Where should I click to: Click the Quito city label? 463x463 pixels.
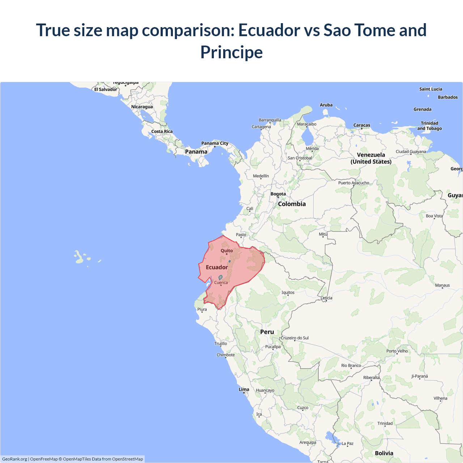(227, 251)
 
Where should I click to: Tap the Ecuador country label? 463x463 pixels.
(217, 267)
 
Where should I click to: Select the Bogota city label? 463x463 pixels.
(278, 194)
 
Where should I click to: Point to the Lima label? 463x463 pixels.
(244, 390)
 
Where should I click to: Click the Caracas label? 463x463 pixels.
(362, 126)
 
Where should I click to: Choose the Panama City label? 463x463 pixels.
(215, 144)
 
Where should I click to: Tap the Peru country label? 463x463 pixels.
(267, 332)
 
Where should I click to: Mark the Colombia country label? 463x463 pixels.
(292, 204)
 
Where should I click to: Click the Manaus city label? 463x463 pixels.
(442, 285)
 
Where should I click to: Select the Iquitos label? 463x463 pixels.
(288, 293)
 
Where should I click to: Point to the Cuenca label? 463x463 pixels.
(221, 283)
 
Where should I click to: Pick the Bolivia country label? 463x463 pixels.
(384, 453)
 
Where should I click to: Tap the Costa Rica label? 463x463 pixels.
(162, 132)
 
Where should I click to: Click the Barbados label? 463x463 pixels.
(448, 97)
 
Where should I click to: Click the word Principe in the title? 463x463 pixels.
(231, 52)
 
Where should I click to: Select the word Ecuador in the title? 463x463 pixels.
(269, 30)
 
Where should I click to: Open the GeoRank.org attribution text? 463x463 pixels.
(14, 459)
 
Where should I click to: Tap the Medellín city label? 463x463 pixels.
(261, 176)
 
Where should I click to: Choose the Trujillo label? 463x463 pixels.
(221, 344)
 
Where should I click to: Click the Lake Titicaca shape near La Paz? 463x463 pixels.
(332, 437)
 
